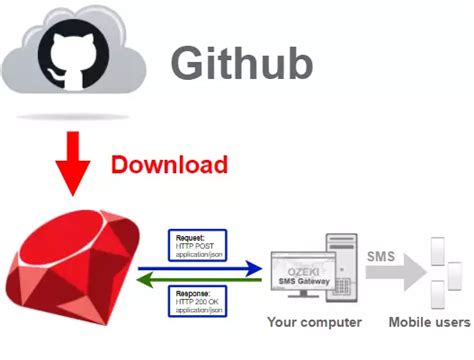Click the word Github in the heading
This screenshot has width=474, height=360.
[x=241, y=62]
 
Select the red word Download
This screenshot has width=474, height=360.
[x=169, y=164]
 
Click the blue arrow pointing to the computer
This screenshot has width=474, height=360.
[x=199, y=267]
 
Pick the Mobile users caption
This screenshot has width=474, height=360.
[x=428, y=324]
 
